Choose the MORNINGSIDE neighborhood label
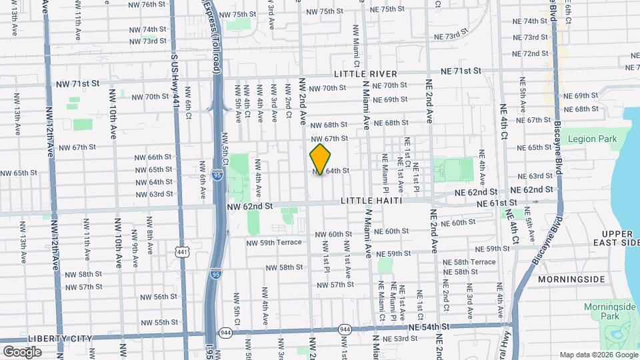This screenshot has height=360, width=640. click(x=571, y=279)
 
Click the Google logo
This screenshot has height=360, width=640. click(x=21, y=351)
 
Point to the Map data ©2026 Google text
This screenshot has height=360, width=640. click(x=597, y=355)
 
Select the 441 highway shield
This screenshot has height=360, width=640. click(x=182, y=251)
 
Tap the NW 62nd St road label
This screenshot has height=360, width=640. click(x=250, y=207)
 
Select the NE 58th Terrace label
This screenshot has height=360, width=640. click(x=475, y=262)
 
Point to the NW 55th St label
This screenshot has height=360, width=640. click(x=158, y=322)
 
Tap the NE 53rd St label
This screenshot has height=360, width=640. click(x=396, y=339)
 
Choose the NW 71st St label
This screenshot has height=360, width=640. click(x=77, y=83)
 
